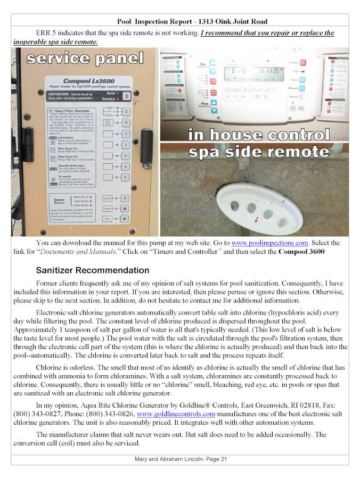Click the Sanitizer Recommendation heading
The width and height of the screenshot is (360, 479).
coord(92,270)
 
